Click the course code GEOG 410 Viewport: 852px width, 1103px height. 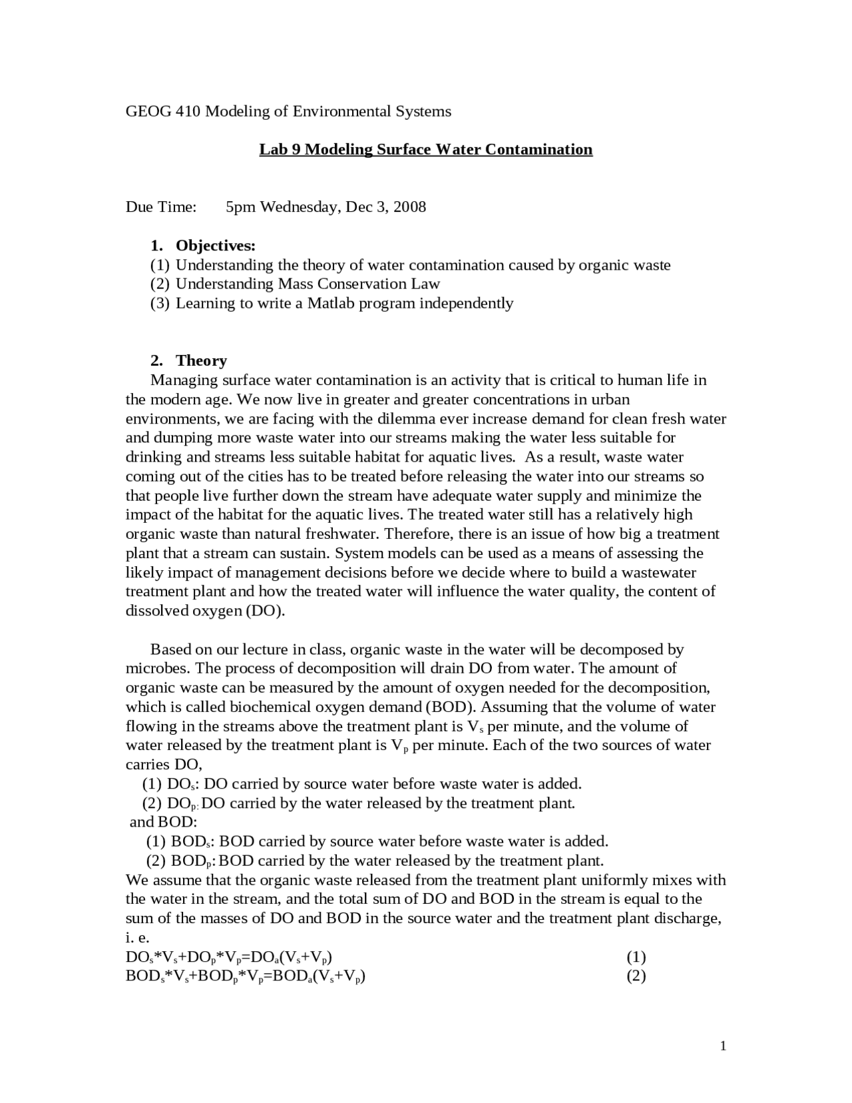click(x=163, y=111)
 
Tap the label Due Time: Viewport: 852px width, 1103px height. click(x=161, y=207)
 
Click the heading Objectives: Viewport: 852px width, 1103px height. click(x=216, y=246)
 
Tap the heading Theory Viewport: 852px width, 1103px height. click(x=201, y=361)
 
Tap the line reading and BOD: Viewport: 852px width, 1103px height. click(x=164, y=823)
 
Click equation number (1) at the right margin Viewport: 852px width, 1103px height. click(x=636, y=958)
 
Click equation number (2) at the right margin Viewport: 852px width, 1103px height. click(x=636, y=976)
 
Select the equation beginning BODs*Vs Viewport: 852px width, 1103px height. click(x=246, y=977)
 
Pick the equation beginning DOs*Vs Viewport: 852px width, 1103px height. click(x=229, y=958)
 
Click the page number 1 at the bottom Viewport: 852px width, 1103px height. click(x=723, y=1047)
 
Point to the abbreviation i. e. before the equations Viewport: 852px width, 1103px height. click(x=137, y=938)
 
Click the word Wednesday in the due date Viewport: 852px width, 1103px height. click(x=298, y=207)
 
